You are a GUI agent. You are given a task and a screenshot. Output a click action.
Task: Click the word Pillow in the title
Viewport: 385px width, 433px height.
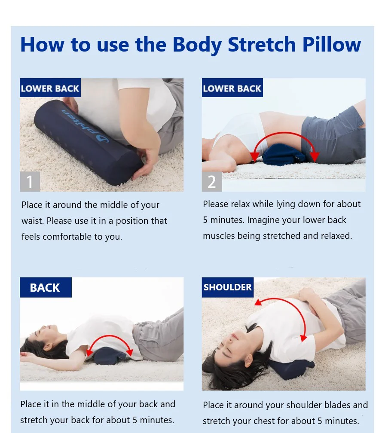[331, 45]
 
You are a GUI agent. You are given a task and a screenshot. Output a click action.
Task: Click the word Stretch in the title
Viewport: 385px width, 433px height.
[262, 45]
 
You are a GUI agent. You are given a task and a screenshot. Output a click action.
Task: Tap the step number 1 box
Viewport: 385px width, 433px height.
[30, 181]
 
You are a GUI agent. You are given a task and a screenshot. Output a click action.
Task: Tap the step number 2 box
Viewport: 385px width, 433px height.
[212, 181]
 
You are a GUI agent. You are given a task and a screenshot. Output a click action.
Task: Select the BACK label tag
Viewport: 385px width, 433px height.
[46, 287]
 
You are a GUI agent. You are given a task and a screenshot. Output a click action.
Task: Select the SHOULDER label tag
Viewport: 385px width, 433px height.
[228, 287]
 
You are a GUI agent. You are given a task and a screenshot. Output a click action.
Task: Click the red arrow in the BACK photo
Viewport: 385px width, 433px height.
[110, 336]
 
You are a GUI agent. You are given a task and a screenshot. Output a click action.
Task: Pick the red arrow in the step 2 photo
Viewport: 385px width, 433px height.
[284, 133]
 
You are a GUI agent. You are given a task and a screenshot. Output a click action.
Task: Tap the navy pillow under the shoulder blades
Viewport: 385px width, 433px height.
[291, 369]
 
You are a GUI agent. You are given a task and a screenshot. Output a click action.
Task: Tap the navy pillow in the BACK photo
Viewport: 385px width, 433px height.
[110, 357]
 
